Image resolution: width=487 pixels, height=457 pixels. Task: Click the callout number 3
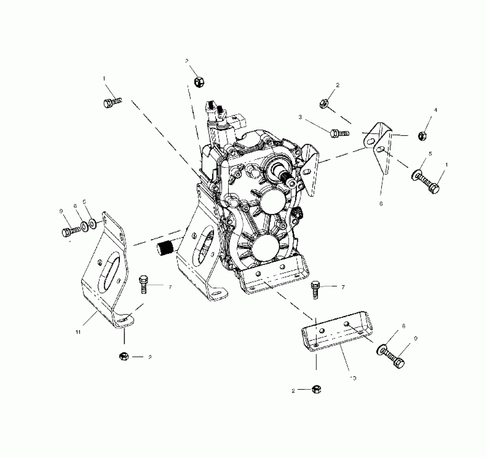(300, 117)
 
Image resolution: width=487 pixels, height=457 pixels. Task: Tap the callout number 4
(436, 110)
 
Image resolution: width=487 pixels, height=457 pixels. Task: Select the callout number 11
(78, 332)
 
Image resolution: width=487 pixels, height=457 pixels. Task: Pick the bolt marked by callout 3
(339, 133)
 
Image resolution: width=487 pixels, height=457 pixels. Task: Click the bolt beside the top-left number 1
(112, 102)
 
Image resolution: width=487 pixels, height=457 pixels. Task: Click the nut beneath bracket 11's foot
(124, 357)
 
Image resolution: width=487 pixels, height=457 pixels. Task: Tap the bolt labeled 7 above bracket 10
(315, 290)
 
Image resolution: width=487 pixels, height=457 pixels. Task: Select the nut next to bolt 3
(324, 103)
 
